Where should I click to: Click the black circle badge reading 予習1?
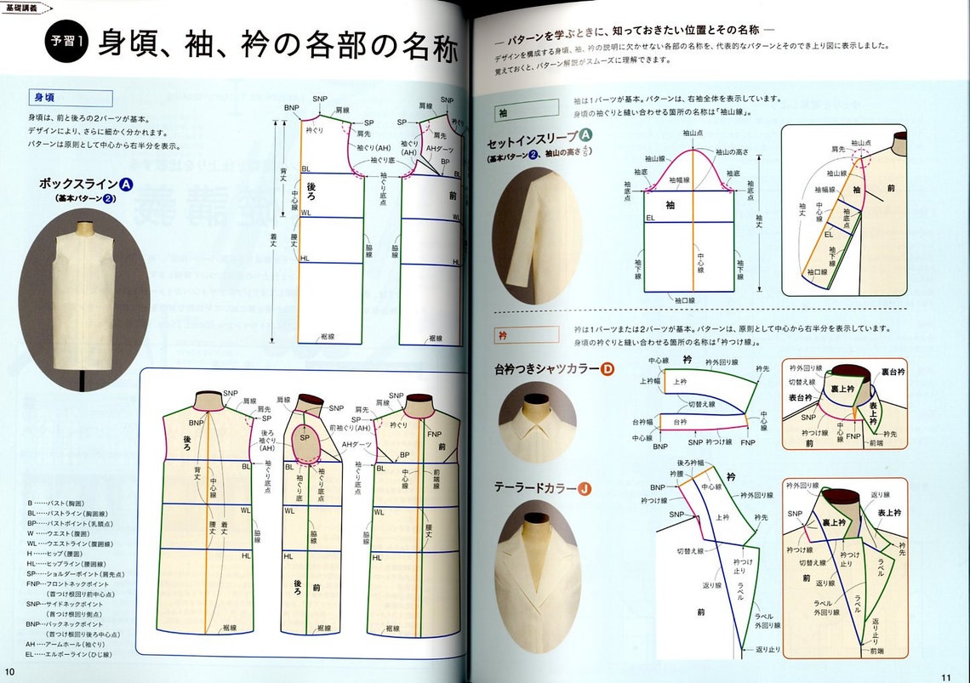(66, 43)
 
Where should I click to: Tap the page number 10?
(9, 672)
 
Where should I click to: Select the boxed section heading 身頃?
(71, 98)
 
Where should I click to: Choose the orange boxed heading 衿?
(526, 334)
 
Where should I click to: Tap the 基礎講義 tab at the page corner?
(23, 6)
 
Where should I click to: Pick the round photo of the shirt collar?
(537, 423)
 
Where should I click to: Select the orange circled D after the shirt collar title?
(608, 369)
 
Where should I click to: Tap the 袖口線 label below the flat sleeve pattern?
(686, 300)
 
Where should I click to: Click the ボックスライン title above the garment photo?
(78, 184)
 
